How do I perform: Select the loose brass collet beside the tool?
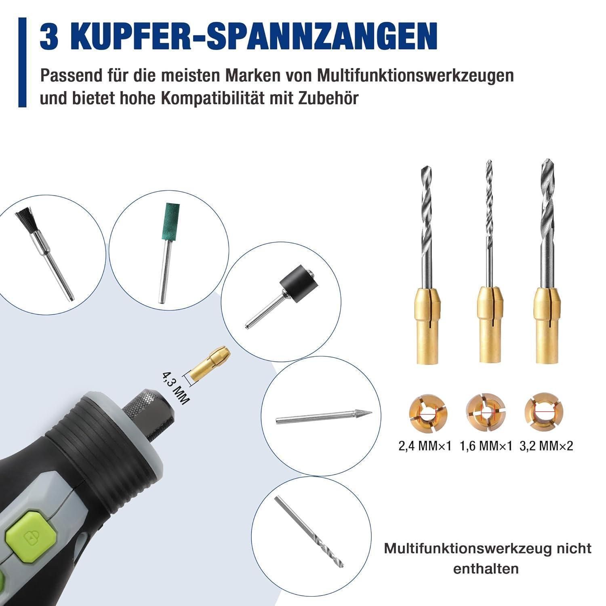coord(209,362)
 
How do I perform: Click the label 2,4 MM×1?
coord(425,446)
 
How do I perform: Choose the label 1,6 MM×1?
coord(486,446)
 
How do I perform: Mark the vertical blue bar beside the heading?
coord(22,62)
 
